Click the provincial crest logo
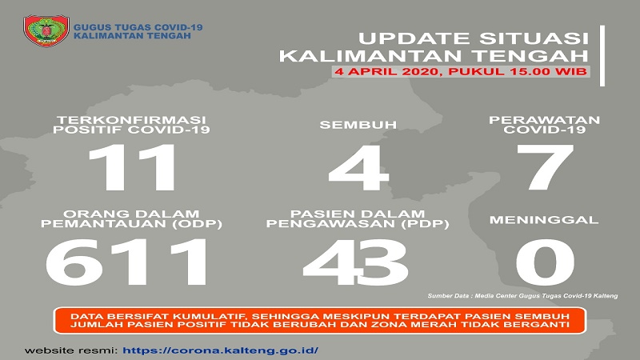click(x=46, y=30)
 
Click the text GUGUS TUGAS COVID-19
click(x=138, y=27)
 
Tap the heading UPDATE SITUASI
click(x=474, y=38)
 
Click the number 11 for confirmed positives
click(x=132, y=167)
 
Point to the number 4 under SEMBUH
click(x=358, y=167)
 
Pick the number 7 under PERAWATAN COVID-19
click(x=545, y=167)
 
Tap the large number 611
click(x=126, y=262)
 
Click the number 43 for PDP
click(x=355, y=262)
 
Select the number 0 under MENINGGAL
click(x=545, y=262)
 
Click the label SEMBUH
click(x=358, y=125)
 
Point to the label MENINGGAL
click(x=544, y=220)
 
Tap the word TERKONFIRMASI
click(x=131, y=120)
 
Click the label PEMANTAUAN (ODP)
click(x=131, y=224)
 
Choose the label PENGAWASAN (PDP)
click(x=358, y=224)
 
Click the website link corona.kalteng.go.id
click(x=221, y=350)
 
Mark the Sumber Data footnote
click(x=522, y=295)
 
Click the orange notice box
click(x=320, y=321)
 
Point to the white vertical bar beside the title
click(x=602, y=55)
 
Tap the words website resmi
click(x=71, y=350)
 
